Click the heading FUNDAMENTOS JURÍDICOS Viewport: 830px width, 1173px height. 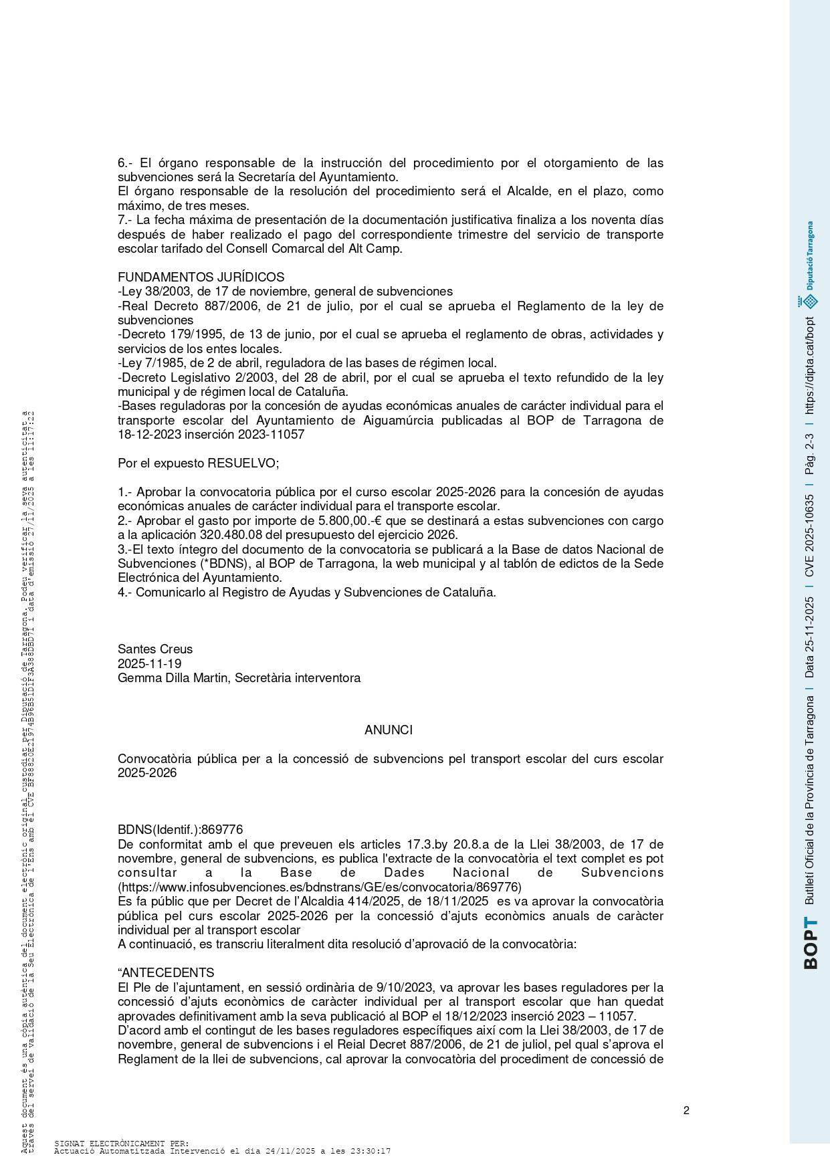201,277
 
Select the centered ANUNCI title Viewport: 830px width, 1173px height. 388,730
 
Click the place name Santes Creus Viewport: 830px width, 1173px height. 155,649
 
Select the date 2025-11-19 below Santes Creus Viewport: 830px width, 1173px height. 149,663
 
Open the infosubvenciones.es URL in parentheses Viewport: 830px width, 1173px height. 320,887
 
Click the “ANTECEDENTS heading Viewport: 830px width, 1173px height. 167,973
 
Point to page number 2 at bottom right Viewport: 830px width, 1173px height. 686,1111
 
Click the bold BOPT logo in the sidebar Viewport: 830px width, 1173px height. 810,943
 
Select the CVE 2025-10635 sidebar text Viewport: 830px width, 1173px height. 810,536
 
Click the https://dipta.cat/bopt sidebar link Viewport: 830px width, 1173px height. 810,366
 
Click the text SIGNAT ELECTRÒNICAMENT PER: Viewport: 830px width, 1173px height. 121,1144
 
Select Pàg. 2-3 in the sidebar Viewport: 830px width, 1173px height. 810,455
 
